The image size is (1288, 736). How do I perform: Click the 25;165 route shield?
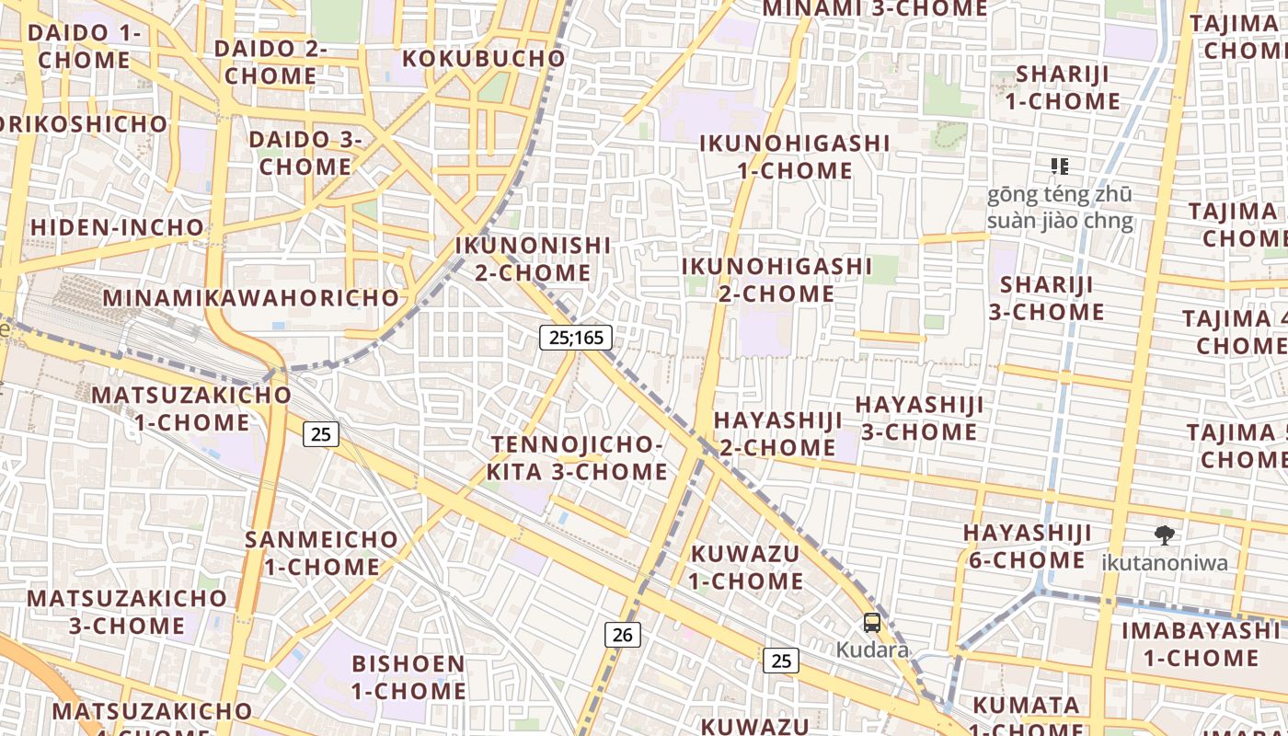coord(576,338)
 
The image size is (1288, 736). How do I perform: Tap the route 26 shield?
coord(623,634)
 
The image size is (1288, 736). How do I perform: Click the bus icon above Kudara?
coord(872,623)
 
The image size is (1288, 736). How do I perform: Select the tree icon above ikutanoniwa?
coord(1165,535)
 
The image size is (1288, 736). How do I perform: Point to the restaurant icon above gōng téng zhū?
coord(1060,167)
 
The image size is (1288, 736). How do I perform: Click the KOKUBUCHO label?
coord(484,59)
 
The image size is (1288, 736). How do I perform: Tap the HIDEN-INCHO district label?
coord(117,227)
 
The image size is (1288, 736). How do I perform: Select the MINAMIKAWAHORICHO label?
coord(251,298)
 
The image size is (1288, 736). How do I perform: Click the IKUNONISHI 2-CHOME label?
coord(534,259)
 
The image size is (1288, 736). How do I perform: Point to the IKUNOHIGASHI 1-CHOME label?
coord(795,157)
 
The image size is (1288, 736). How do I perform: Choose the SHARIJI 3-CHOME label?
coord(1047,298)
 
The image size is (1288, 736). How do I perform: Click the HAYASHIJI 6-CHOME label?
coord(1027,546)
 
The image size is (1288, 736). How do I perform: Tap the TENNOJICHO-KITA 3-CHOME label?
coord(577,458)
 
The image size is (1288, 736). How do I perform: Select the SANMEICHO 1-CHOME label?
coord(322,553)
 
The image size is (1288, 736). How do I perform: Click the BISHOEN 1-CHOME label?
coord(408,677)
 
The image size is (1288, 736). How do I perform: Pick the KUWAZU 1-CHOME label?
coord(746,568)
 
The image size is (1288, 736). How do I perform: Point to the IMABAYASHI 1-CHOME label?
coord(1201,644)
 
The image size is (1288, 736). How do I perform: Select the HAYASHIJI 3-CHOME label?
coord(919,419)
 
